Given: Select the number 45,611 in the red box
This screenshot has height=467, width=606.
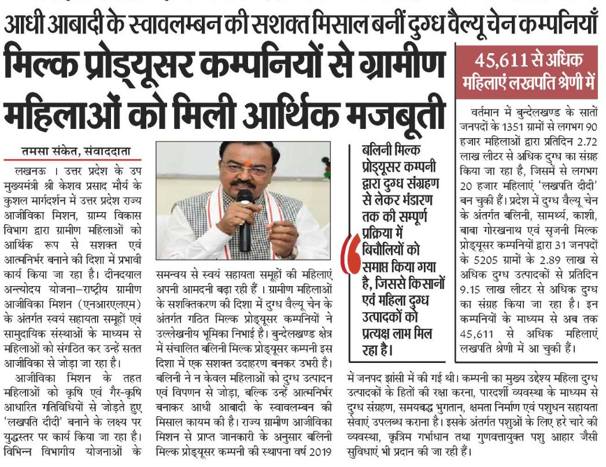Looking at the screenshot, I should [x=500, y=60].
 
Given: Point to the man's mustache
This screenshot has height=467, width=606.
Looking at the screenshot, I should [x=245, y=185].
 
